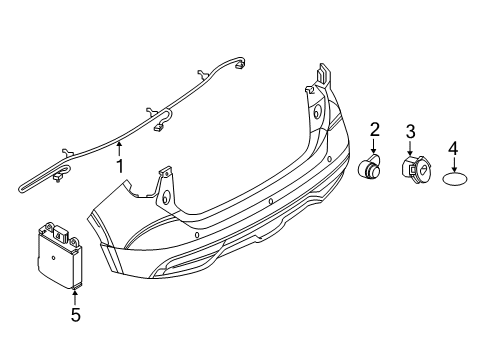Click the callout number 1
[x=120, y=166]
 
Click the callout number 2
[x=375, y=128]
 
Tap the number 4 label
[x=453, y=148]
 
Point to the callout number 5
[x=76, y=317]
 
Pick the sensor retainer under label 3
[x=413, y=174]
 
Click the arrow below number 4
[x=453, y=163]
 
